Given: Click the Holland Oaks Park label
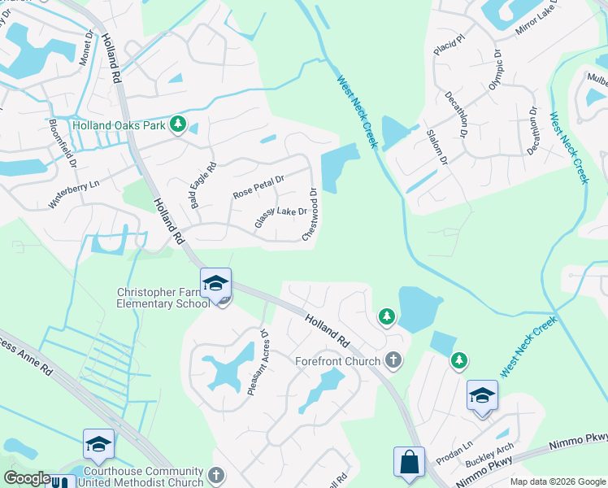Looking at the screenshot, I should point(119,125).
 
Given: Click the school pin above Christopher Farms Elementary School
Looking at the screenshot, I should point(215,284).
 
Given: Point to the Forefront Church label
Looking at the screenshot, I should point(337,361).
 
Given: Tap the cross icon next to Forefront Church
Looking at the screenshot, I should point(393,359).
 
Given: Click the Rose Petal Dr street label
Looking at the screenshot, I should point(258,187).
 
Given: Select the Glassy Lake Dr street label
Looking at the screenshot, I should point(280,216).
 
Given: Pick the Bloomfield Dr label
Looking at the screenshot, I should point(62,138).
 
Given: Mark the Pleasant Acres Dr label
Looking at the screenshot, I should point(258,362).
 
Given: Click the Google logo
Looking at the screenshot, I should point(28,478).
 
